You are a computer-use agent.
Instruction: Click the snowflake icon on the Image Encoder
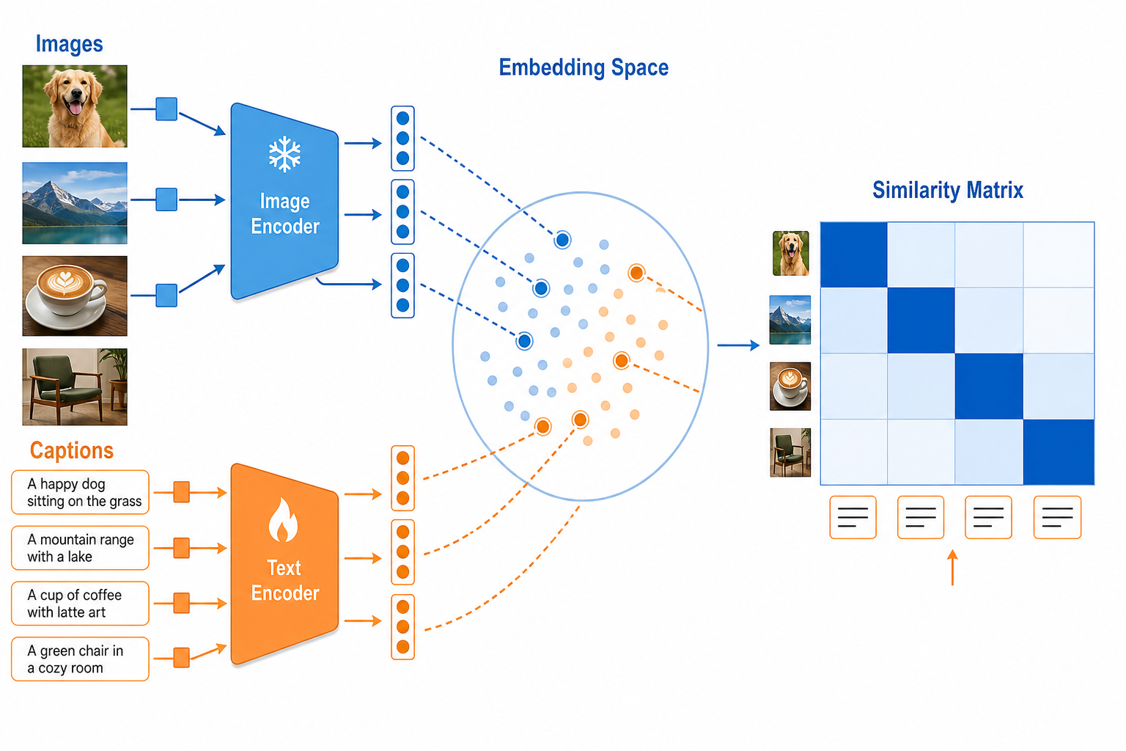click(284, 154)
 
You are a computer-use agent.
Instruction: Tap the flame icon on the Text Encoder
click(283, 520)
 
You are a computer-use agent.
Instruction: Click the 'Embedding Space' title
click(584, 68)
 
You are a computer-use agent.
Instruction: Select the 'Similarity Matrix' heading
click(948, 190)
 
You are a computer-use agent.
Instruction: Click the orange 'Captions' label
click(72, 450)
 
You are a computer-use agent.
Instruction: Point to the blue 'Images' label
click(70, 44)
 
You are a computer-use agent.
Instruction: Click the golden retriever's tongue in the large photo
click(76, 108)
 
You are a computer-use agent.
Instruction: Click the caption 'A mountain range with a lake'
click(81, 548)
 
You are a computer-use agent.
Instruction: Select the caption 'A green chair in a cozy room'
click(81, 659)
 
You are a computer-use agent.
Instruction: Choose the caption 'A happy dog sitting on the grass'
click(81, 492)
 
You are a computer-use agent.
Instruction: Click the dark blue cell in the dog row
click(854, 254)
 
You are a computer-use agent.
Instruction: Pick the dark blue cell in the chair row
click(1059, 452)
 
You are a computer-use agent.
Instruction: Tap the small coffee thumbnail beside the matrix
click(790, 387)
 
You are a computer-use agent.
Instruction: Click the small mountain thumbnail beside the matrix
click(790, 320)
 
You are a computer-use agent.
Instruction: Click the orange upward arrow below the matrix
click(952, 568)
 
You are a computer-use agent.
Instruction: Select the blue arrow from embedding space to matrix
click(738, 345)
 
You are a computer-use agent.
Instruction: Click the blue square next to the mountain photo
click(166, 199)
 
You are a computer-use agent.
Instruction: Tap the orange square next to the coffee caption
click(182, 603)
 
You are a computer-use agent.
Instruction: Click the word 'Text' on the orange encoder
click(284, 568)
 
